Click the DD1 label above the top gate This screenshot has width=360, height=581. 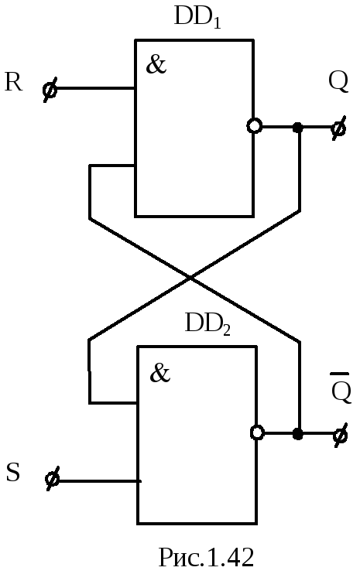(x=197, y=18)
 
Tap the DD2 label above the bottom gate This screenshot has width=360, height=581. (x=207, y=324)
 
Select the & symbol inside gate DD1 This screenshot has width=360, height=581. (x=156, y=64)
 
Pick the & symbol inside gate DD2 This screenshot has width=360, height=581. (x=159, y=373)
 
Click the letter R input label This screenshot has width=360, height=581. (x=14, y=82)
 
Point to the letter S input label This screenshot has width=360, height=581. (x=13, y=472)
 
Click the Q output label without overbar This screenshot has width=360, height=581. (x=338, y=82)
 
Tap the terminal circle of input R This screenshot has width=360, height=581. (x=50, y=89)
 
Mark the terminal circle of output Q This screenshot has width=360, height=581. (x=338, y=128)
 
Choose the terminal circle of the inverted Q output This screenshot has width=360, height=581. (x=340, y=435)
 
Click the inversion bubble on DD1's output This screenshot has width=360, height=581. (x=255, y=126)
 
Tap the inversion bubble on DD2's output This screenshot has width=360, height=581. (x=257, y=432)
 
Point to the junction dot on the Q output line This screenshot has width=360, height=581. (x=298, y=128)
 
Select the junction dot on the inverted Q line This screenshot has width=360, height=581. (x=298, y=434)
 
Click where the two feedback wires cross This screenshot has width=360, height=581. (x=190, y=277)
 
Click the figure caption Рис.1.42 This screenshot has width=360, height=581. (x=207, y=557)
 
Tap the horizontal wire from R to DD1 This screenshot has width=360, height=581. (x=93, y=88)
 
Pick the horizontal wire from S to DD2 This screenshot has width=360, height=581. (x=97, y=481)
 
